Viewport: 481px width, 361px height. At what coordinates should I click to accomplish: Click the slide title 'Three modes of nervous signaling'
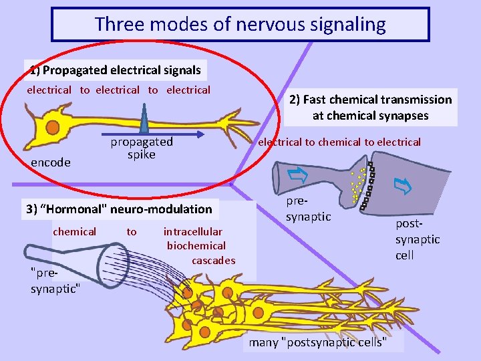click(x=240, y=25)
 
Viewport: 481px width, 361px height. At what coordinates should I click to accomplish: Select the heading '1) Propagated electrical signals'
click(x=115, y=70)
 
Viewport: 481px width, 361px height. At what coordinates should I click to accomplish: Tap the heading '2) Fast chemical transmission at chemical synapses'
click(x=370, y=107)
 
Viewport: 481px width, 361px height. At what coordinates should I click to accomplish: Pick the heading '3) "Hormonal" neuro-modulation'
click(x=119, y=209)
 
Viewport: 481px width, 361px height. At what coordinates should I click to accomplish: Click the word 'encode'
click(x=51, y=162)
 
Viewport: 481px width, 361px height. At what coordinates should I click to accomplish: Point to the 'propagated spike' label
click(x=141, y=148)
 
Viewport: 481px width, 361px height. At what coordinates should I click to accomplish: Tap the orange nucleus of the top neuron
click(x=52, y=127)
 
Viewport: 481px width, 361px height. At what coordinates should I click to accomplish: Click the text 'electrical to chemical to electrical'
click(x=339, y=142)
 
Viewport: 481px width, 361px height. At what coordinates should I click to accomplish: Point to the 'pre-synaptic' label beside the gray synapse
click(x=308, y=209)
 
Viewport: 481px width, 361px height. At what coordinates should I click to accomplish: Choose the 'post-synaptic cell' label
click(x=417, y=239)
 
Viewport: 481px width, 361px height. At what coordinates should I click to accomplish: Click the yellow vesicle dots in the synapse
click(x=357, y=184)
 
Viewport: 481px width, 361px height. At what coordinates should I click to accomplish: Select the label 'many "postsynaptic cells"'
click(x=317, y=343)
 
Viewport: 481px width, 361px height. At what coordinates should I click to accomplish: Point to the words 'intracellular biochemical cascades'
click(x=198, y=246)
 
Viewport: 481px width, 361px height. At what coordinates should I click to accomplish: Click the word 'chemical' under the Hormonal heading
click(x=74, y=232)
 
